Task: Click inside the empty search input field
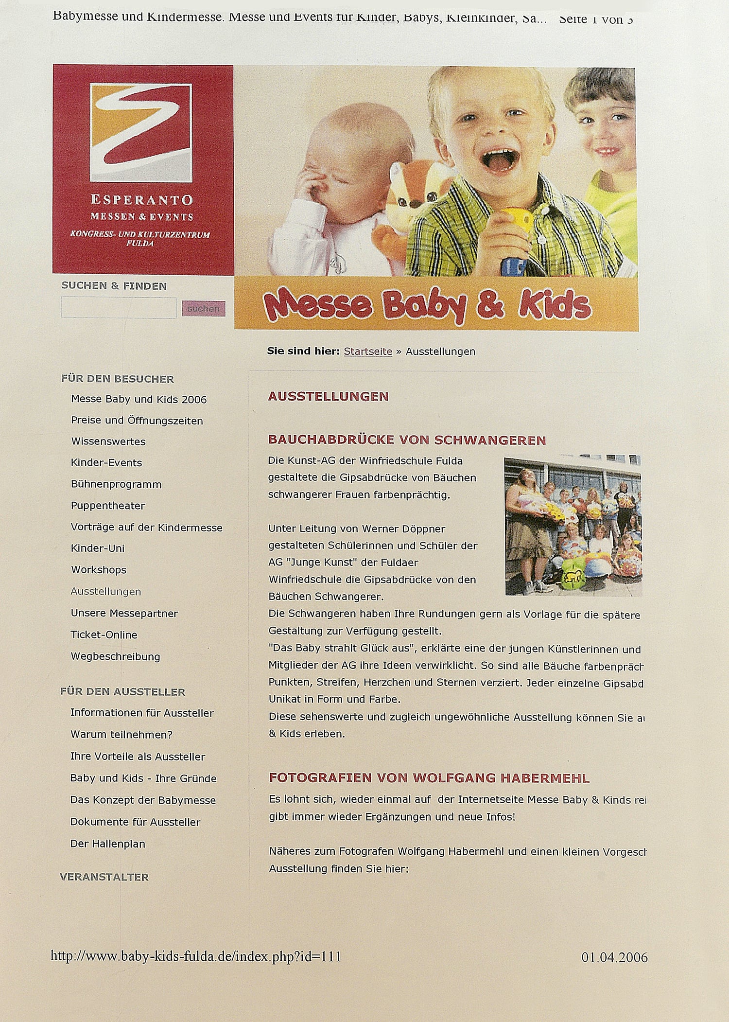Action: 118,308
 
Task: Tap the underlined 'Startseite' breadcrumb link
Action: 368,352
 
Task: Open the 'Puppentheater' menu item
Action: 108,506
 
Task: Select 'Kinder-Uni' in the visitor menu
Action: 98,548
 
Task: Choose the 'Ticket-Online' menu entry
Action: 104,634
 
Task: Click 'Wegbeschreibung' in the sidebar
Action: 115,656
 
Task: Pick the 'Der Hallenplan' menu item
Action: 108,844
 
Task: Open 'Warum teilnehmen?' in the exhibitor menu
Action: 121,735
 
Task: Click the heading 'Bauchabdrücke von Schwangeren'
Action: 407,441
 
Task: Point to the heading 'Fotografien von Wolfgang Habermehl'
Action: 429,778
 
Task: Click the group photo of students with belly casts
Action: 573,526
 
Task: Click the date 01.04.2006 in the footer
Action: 614,957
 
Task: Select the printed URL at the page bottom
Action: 196,956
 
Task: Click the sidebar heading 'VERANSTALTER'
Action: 104,877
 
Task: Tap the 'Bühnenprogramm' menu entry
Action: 116,484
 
